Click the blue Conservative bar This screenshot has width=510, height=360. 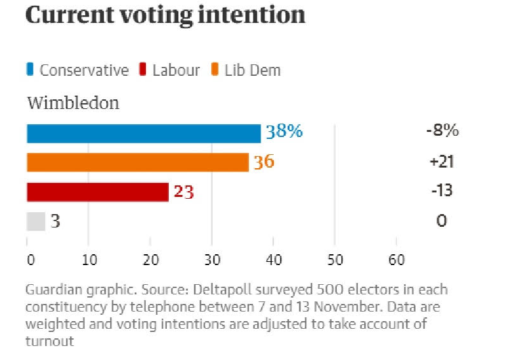[143, 133]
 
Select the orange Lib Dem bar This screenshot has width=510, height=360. [137, 162]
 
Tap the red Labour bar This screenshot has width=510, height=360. [97, 192]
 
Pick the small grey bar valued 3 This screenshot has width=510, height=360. [36, 221]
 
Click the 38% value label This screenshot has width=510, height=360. [284, 132]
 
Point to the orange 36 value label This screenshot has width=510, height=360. [263, 162]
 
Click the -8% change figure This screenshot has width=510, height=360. [442, 131]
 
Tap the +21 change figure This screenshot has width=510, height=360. [442, 161]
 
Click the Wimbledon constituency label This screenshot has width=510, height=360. [73, 103]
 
